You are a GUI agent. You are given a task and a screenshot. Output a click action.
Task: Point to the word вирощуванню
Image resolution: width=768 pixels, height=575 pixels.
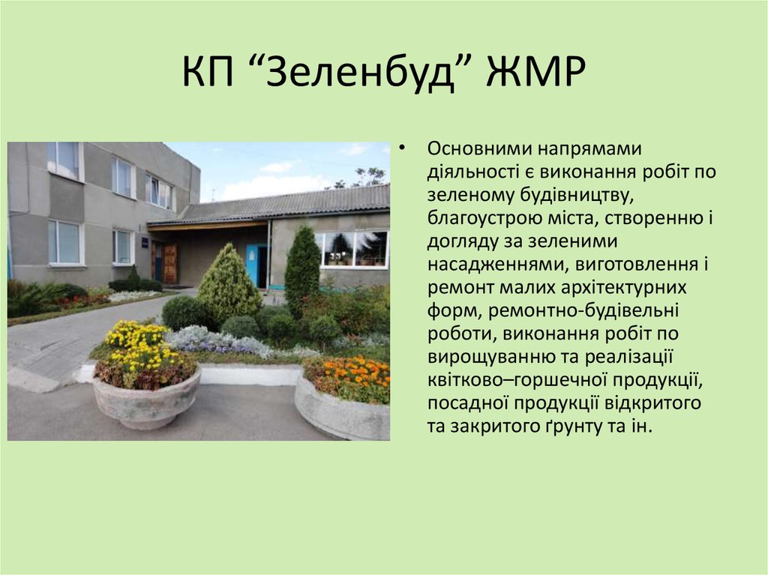click(x=484, y=358)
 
